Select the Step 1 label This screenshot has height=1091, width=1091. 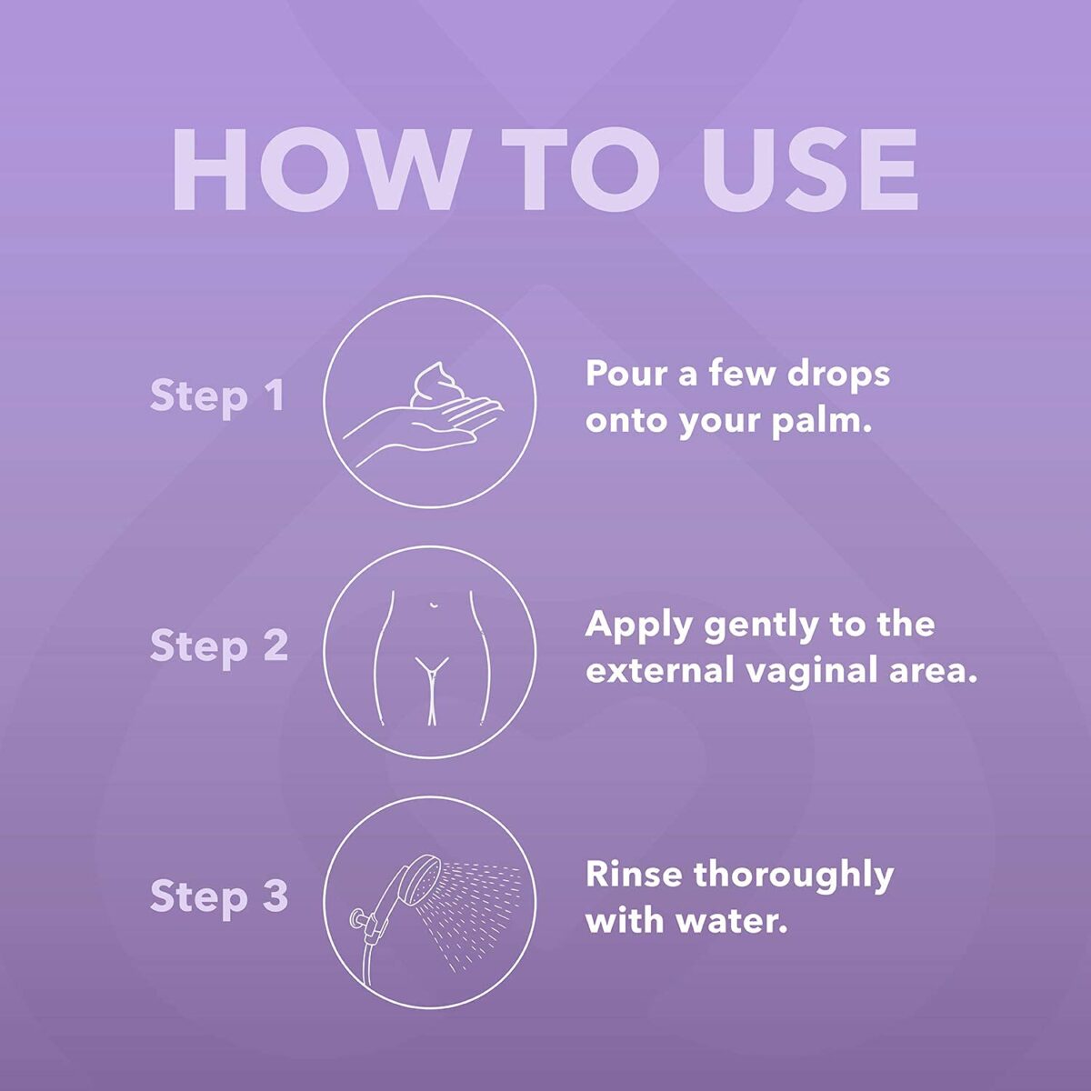pos(217,396)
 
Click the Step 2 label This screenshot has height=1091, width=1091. pos(218,646)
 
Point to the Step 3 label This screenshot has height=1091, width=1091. pos(218,896)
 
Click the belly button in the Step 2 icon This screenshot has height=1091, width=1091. pos(433,606)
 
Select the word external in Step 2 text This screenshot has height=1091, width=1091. pos(659,672)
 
